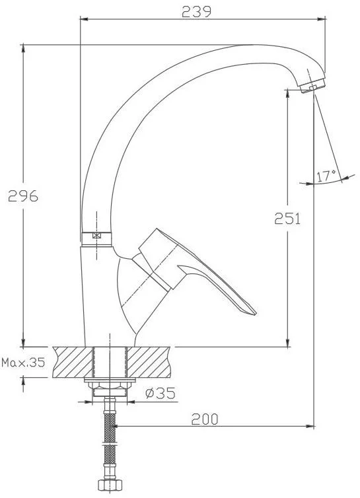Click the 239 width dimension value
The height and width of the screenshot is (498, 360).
tap(196, 12)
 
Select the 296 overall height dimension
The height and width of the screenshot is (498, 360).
tap(23, 196)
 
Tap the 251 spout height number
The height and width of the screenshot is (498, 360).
tap(287, 219)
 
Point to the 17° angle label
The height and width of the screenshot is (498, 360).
tap(326, 176)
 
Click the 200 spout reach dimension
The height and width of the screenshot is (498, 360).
tap(205, 419)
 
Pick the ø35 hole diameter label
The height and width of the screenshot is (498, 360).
tap(161, 393)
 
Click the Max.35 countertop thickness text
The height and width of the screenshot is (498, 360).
tap(23, 363)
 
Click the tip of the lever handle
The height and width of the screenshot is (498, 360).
tap(256, 314)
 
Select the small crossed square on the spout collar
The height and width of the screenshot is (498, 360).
tap(96, 235)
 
